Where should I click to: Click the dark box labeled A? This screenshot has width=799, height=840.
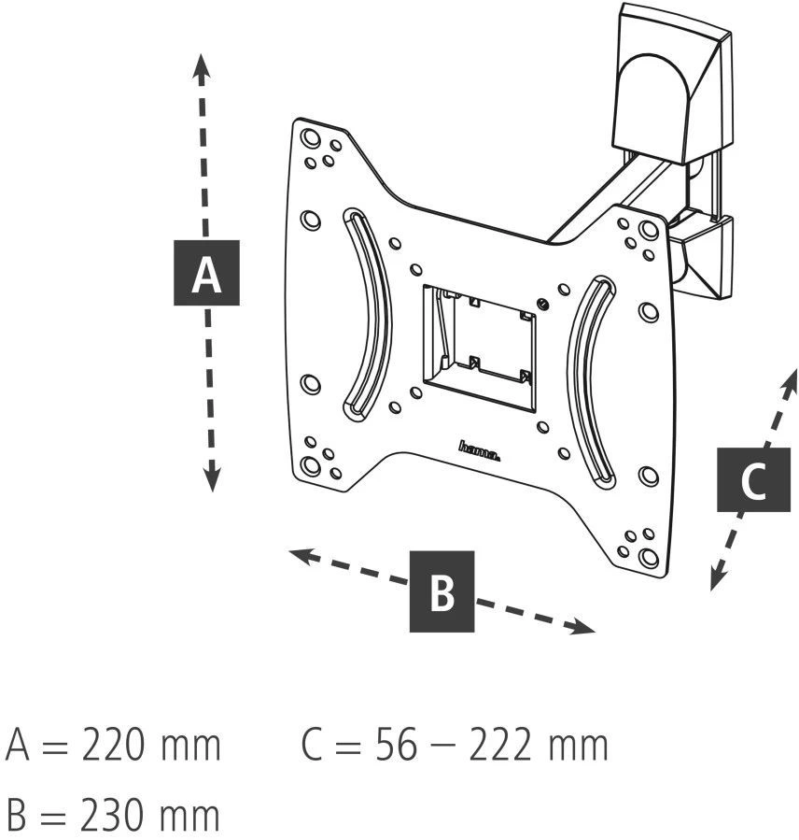click(206, 273)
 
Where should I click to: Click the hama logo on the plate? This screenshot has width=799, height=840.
click(481, 451)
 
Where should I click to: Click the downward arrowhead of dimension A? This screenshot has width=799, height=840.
click(212, 480)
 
